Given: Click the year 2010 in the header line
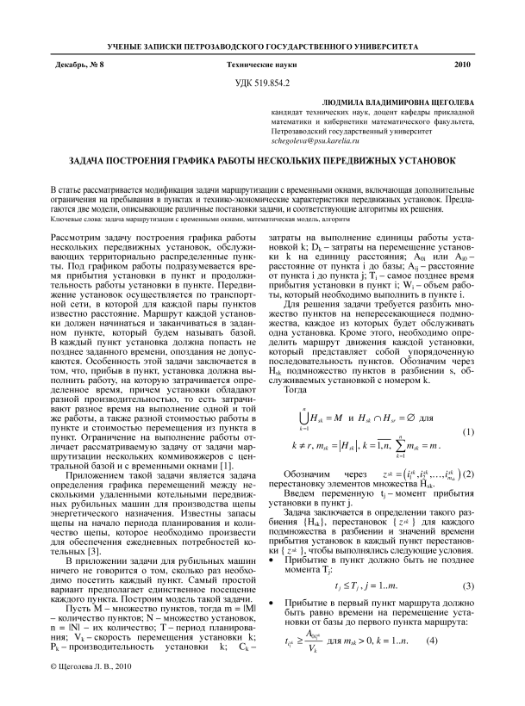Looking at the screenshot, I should (461, 65).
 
